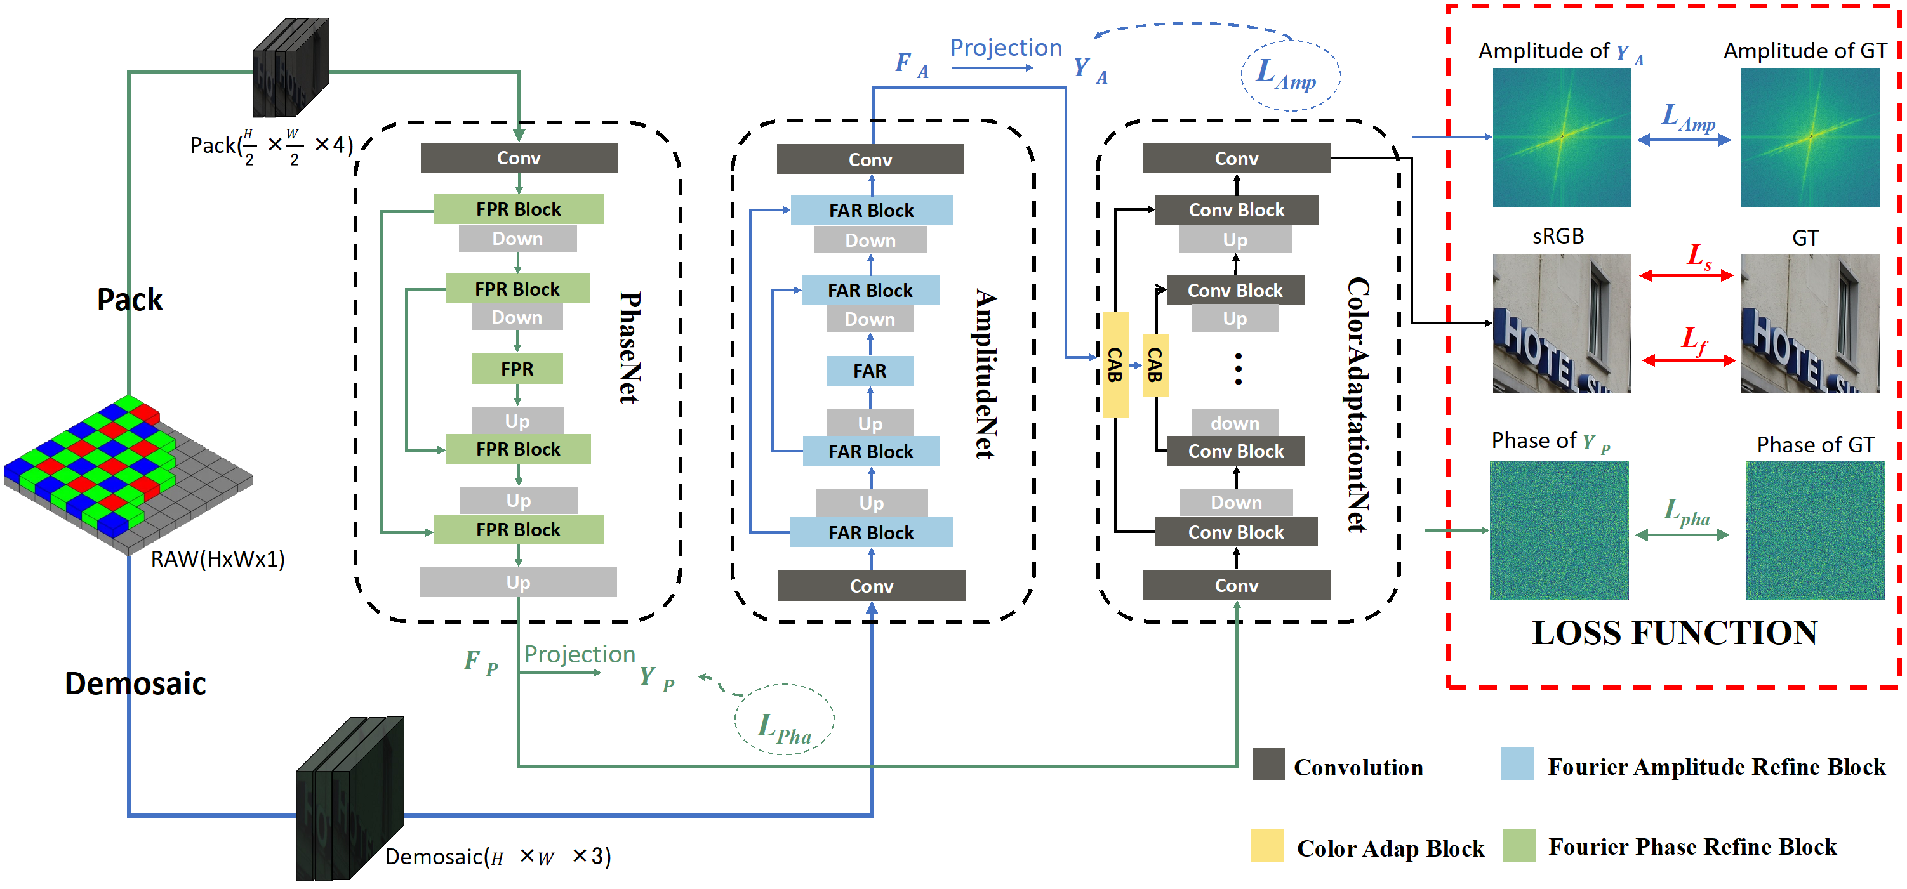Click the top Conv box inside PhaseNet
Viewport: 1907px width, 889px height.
(518, 157)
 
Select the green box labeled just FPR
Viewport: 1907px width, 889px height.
(517, 369)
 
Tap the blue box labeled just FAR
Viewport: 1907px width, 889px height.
(869, 371)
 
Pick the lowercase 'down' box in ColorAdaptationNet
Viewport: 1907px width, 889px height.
(1234, 423)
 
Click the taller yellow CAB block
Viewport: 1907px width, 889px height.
(1115, 365)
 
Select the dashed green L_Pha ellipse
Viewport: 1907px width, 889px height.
(784, 720)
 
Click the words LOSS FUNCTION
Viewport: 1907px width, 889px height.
(1674, 633)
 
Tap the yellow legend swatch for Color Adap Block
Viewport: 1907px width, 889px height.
(1266, 845)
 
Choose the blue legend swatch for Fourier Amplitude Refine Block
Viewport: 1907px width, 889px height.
(1517, 763)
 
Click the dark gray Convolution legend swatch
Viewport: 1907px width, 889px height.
(1268, 764)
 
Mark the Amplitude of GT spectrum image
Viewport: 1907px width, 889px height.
(1809, 137)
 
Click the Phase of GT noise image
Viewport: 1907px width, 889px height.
(1814, 530)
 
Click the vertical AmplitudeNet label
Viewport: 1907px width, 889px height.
(985, 373)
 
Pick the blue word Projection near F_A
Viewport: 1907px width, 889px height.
(1006, 48)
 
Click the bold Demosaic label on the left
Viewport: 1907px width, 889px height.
(135, 683)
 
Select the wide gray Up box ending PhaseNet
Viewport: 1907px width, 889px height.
(518, 582)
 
